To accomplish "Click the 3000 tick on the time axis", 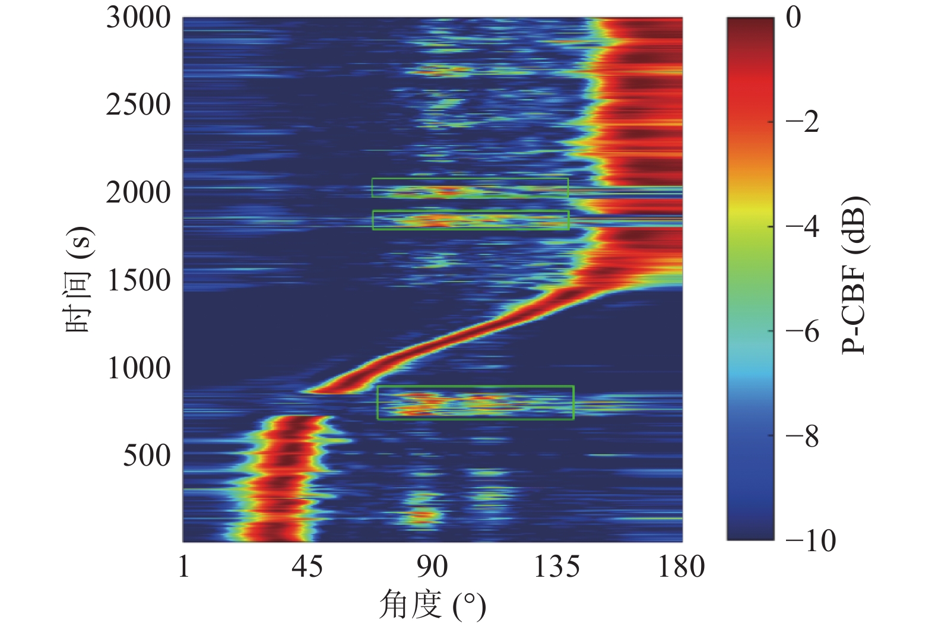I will [138, 18].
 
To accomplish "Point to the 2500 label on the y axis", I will [138, 105].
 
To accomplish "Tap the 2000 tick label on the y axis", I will [138, 192].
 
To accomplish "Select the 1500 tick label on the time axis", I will [138, 280].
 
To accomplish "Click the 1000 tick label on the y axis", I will [138, 368].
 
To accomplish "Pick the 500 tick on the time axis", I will [147, 456].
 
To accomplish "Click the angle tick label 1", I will [183, 567].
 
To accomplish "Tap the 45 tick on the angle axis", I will [308, 567].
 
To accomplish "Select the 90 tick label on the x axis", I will [432, 567].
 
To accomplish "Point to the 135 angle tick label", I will [556, 567].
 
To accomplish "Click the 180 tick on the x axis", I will [681, 567].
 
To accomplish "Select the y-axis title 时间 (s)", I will [80, 279].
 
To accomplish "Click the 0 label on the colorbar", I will [793, 18].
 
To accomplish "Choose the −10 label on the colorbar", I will [810, 540].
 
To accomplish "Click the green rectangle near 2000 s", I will [470, 188].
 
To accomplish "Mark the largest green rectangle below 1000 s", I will [475, 403].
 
